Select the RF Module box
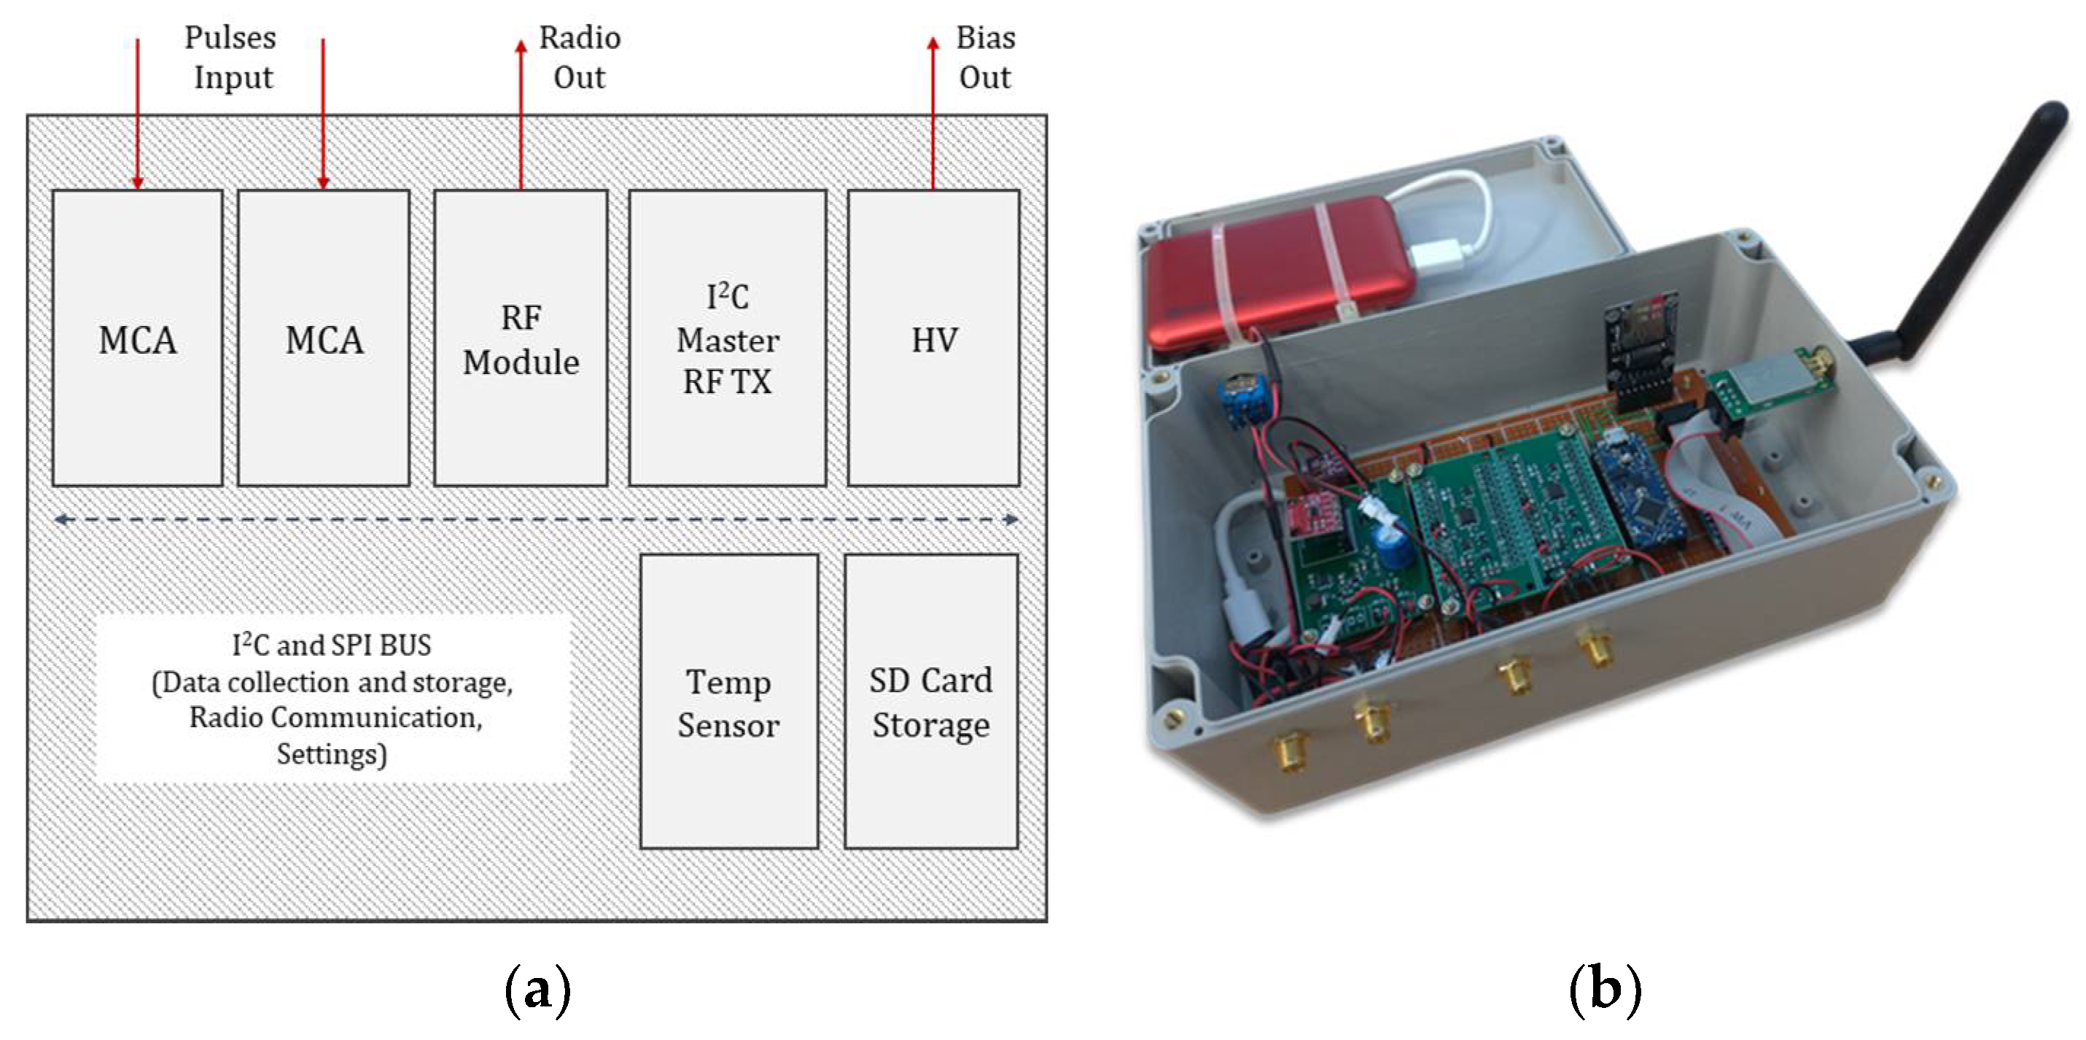521,338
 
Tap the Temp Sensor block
729,702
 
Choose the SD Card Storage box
931,702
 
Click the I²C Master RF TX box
727,338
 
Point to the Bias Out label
985,57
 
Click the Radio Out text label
579,57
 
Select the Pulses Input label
232,57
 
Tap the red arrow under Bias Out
933,113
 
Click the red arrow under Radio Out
521,113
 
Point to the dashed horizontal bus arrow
534,519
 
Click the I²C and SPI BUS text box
332,698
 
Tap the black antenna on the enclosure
1984,235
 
